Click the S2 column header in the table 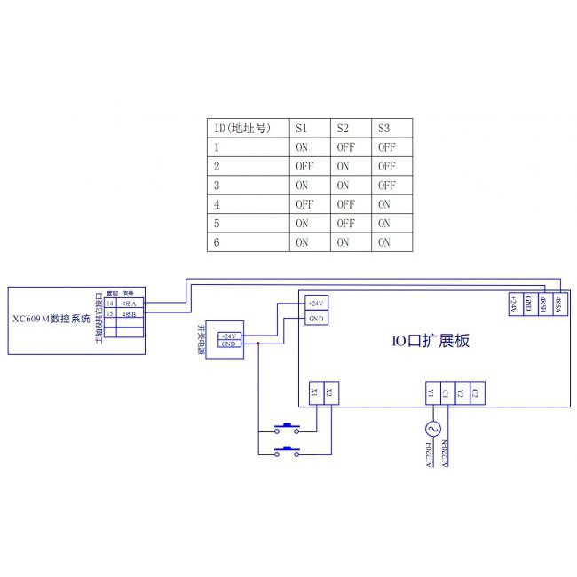coord(343,129)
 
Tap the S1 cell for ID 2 coord(304,166)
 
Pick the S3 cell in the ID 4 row coord(385,204)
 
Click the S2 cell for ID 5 coord(345,223)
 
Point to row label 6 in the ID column coord(217,242)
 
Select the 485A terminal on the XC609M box coord(129,303)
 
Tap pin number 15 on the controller coord(109,314)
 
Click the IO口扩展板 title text coord(431,340)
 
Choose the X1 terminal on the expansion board coord(316,391)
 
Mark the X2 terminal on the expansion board coord(329,391)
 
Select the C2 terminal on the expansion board coord(475,391)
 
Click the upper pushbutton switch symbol coord(287,424)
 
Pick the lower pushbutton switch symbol coord(287,452)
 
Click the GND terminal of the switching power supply coord(228,343)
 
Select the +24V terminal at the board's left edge coord(316,304)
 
